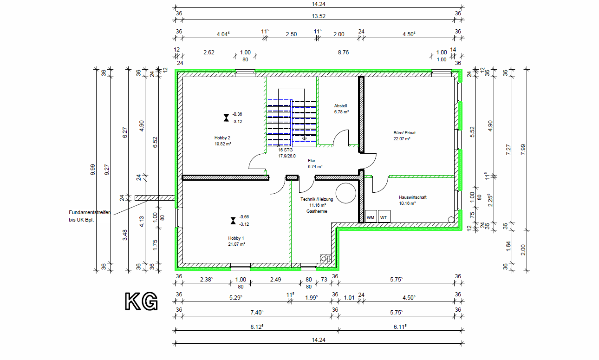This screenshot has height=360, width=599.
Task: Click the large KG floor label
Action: (142, 301)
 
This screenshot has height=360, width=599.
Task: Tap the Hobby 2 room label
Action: (222, 138)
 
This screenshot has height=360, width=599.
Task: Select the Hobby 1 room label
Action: (236, 238)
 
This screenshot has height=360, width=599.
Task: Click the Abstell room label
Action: (340, 106)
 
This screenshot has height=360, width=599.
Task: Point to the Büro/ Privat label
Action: (404, 133)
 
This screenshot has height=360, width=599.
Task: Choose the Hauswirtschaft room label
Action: (413, 197)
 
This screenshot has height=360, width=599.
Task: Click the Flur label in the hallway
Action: (312, 161)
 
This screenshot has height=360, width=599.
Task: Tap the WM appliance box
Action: (371, 216)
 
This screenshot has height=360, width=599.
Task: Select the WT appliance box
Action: (384, 216)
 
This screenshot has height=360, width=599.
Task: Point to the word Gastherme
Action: (317, 211)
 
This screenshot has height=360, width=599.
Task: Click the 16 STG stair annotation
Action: (285, 150)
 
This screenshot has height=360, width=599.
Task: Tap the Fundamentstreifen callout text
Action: (90, 212)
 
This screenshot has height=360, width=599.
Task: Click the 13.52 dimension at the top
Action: (319, 16)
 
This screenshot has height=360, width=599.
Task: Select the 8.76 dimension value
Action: (343, 52)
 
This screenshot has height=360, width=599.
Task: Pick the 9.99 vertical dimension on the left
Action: (92, 170)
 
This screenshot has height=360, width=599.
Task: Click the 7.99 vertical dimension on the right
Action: (523, 150)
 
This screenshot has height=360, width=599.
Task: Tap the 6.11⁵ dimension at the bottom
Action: (400, 327)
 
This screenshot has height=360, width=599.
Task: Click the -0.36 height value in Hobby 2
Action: (237, 114)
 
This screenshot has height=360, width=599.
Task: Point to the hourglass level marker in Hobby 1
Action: (233, 221)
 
